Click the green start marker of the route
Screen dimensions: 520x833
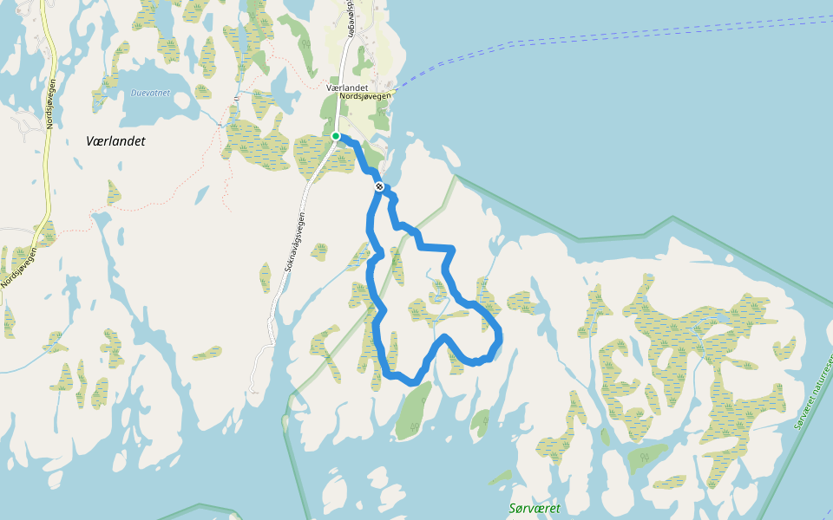(x=336, y=136)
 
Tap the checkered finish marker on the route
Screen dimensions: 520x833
(x=379, y=186)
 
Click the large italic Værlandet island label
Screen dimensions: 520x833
(x=115, y=140)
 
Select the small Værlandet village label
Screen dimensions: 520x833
(x=348, y=88)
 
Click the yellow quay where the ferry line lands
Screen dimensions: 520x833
(x=392, y=90)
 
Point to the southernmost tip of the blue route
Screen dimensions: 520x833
(x=415, y=382)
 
